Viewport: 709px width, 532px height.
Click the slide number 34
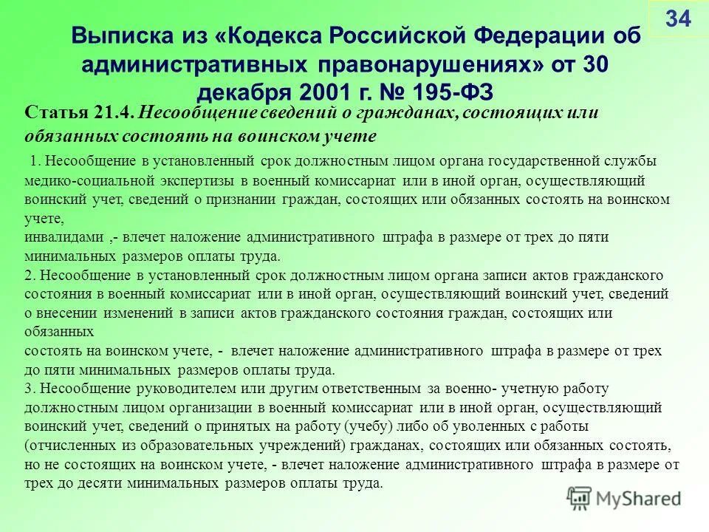pos(677,19)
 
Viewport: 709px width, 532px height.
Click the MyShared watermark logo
pos(623,497)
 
